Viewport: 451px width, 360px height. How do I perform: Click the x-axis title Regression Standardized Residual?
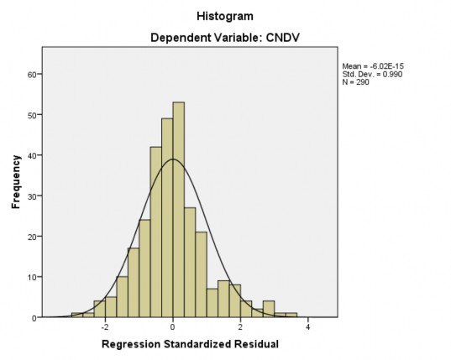tap(189, 345)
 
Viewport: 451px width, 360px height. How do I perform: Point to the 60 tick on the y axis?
tap(32, 74)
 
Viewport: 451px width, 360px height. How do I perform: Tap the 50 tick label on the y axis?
tap(32, 115)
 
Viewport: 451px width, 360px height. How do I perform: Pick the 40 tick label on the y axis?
tap(32, 155)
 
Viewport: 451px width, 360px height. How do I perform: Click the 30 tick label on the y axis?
tap(32, 196)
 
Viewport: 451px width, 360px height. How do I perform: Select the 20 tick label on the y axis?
tap(32, 237)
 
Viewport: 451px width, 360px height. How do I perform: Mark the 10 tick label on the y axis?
tap(32, 277)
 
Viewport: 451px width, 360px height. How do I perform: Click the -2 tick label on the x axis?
tap(103, 327)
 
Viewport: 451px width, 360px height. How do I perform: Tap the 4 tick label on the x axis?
tap(308, 327)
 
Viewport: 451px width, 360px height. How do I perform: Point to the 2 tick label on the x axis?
tap(240, 327)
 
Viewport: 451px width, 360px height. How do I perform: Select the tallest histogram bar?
tap(178, 210)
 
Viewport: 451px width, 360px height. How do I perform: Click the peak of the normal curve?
tap(172, 159)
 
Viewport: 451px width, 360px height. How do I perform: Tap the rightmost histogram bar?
tap(291, 316)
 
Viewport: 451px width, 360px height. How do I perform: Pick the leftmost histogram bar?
tap(77, 316)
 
